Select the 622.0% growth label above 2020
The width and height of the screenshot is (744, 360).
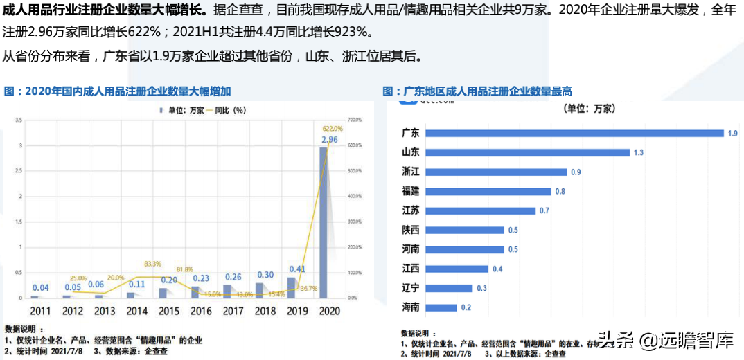tap(333, 128)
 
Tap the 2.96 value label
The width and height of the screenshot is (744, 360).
tap(329, 139)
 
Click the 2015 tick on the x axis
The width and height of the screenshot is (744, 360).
tap(169, 312)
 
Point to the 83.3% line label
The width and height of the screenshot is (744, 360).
tap(152, 264)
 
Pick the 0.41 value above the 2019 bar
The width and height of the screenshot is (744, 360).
tap(297, 269)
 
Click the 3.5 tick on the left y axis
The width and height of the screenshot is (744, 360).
tap(18, 120)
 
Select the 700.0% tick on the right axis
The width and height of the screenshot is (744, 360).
tap(355, 120)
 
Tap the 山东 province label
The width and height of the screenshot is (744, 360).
tap(411, 152)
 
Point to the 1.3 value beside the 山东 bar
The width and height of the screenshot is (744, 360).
tap(639, 152)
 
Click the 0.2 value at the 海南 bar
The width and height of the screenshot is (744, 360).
tap(466, 307)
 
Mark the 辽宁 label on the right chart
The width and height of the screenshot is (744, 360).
tap(411, 288)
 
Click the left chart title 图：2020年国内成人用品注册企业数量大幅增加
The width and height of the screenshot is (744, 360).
tap(117, 91)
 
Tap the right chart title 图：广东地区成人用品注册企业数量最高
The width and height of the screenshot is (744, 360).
tap(477, 91)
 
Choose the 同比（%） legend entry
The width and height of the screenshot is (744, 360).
tap(226, 109)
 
